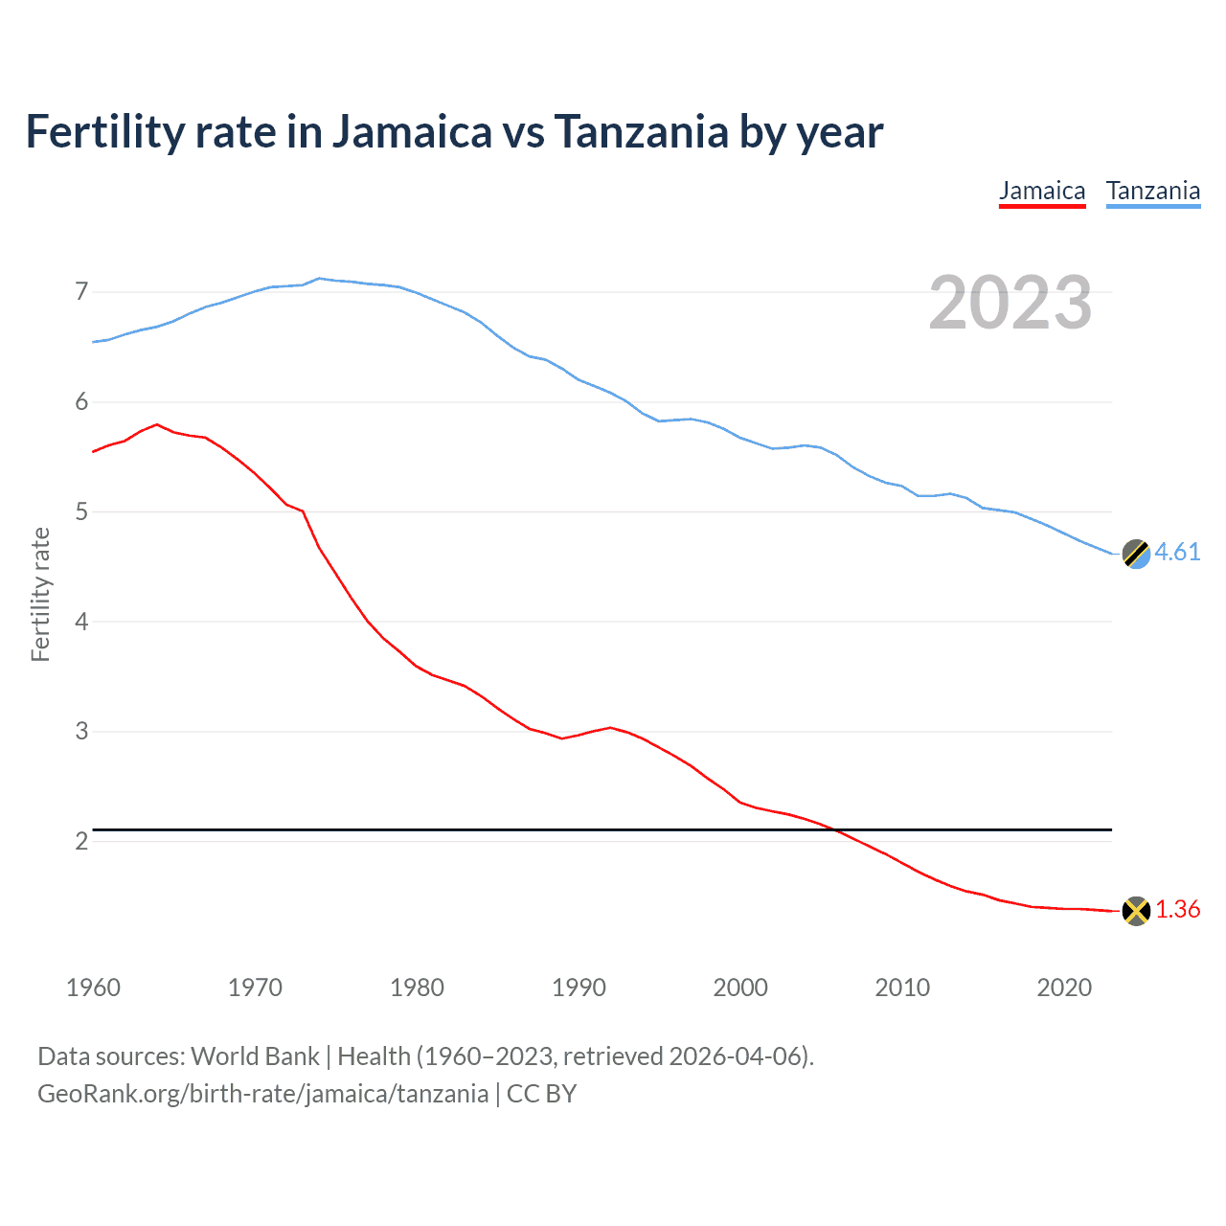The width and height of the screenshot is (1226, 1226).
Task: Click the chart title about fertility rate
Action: (x=454, y=132)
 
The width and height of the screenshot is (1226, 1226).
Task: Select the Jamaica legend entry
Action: (x=1042, y=191)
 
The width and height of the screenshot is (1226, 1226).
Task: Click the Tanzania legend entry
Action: (x=1153, y=191)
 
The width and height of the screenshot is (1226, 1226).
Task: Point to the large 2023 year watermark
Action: (x=1010, y=303)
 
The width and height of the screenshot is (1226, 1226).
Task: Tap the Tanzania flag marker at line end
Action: (x=1136, y=554)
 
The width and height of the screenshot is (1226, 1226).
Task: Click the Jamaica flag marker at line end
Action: (x=1136, y=910)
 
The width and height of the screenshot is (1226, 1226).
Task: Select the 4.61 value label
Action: (x=1177, y=553)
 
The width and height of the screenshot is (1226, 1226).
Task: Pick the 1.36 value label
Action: (x=1177, y=910)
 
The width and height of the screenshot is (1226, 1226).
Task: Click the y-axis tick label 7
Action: (x=81, y=291)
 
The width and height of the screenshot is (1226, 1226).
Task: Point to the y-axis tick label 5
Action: (x=81, y=511)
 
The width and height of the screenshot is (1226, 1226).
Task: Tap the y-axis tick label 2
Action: (x=81, y=841)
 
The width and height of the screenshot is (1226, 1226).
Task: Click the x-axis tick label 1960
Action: (x=93, y=988)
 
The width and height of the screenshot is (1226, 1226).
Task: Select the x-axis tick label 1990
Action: (x=579, y=988)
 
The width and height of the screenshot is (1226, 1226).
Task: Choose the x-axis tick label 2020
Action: (x=1064, y=988)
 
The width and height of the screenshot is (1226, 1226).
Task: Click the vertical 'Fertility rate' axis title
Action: (x=40, y=594)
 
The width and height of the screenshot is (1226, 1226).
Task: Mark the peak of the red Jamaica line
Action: (x=157, y=424)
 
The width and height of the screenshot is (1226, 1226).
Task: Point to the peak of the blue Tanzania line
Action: (x=319, y=279)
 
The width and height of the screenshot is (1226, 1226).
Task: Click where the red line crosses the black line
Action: (x=835, y=829)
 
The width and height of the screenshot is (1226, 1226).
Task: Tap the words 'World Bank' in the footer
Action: (x=255, y=1056)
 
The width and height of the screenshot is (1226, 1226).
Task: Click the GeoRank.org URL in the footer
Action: (x=262, y=1094)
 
